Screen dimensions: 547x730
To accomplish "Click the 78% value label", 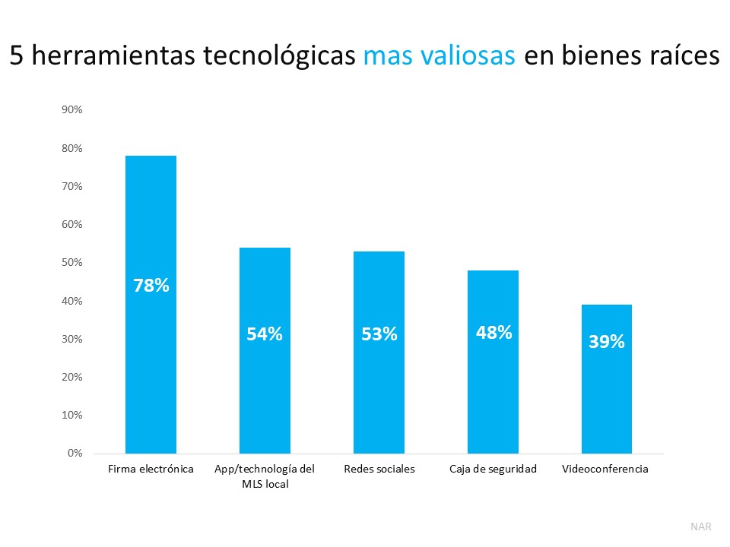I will pyautogui.click(x=151, y=286).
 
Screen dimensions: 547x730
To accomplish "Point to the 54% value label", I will pyautogui.click(x=265, y=334).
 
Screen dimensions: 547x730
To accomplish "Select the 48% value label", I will pyautogui.click(x=493, y=332).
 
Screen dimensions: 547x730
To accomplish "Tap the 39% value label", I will pyautogui.click(x=606, y=342).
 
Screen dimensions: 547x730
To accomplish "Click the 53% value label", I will pyautogui.click(x=379, y=334).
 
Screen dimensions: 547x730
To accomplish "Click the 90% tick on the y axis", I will pyautogui.click(x=71, y=110).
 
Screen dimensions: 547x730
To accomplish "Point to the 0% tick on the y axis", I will pyautogui.click(x=75, y=454).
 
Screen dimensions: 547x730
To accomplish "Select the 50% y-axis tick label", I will pyautogui.click(x=71, y=263).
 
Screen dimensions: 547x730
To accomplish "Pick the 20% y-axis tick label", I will pyautogui.click(x=71, y=378).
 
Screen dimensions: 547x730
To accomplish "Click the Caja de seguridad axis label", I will pyautogui.click(x=493, y=469).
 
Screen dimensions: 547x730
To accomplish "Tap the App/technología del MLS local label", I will pyautogui.click(x=265, y=476).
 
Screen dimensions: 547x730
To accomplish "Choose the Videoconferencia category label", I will pyautogui.click(x=605, y=469).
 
